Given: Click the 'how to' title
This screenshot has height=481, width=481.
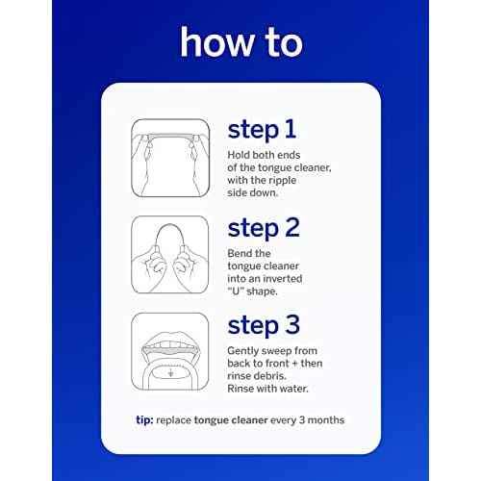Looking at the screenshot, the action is coord(241,42).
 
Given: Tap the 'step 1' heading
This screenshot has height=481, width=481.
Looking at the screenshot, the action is coord(262,130).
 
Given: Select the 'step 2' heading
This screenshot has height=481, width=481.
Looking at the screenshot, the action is coord(264,228).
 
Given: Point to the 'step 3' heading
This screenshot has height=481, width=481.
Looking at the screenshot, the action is coord(264,325).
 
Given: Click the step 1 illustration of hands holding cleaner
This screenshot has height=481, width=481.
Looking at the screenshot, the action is coord(170,158).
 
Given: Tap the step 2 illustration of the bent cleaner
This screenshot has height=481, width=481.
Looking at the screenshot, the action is coord(170,255).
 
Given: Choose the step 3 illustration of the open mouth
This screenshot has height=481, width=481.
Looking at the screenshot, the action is coord(170,351).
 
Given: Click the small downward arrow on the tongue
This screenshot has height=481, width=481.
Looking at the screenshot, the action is coord(171,373).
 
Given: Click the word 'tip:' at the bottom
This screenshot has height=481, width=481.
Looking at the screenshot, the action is coord(144,420).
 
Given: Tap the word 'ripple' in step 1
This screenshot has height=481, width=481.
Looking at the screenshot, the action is coord(283,181).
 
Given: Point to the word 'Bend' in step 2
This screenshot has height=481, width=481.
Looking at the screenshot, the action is coord(239,253).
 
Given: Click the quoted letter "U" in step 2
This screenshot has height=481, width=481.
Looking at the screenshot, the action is coord(236,291).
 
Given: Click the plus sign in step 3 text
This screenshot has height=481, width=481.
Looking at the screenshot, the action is coord(293,364).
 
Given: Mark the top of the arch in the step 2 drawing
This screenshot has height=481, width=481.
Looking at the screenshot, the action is coord(170,224).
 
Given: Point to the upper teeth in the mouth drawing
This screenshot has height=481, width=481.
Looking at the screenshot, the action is coord(170,345).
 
